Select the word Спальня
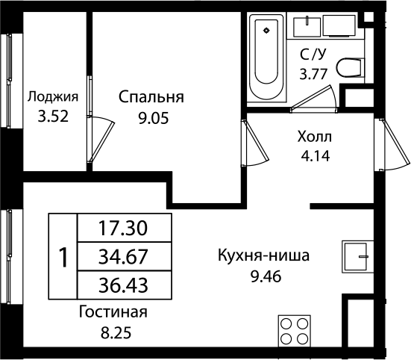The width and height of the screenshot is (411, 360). (x=151, y=97)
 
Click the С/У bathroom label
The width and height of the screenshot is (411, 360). (x=313, y=54)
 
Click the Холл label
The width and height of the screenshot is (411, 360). (x=313, y=137)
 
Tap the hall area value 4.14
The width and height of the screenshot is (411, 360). (x=313, y=157)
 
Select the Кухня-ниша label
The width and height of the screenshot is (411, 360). (x=263, y=256)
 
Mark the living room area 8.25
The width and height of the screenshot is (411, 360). (x=112, y=332)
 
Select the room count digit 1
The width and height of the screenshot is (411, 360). (x=63, y=256)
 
